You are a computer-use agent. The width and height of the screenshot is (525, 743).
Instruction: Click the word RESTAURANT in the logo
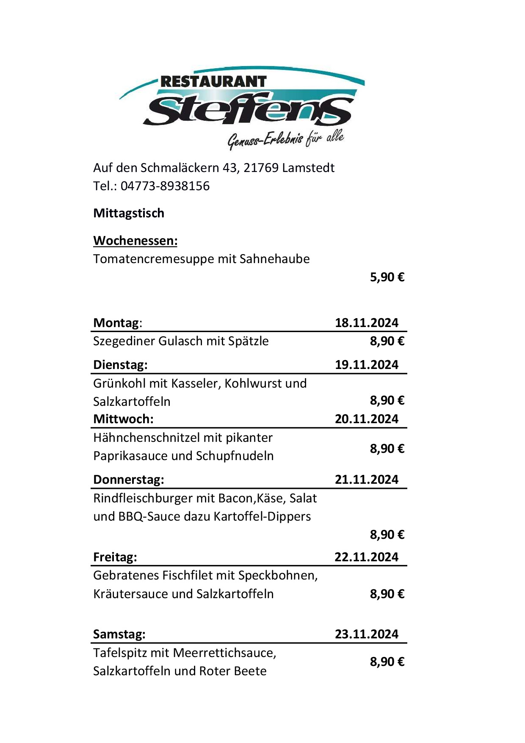[x=213, y=81]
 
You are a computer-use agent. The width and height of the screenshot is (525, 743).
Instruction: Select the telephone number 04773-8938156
[x=165, y=186]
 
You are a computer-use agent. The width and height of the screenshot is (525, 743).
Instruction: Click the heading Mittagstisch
[x=129, y=213]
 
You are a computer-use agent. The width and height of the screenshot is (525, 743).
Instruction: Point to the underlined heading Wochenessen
[x=135, y=241]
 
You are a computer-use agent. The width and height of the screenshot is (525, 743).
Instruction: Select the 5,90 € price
[x=387, y=277]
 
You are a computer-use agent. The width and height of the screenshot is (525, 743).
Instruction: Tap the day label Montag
[x=116, y=323]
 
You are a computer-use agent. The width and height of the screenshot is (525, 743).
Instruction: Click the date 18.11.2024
[x=367, y=323]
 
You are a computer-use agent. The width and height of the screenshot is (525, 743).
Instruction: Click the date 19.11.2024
[x=367, y=365]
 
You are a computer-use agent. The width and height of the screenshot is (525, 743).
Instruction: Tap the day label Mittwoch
[x=123, y=419]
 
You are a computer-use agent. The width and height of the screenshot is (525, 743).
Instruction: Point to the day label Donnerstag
[x=128, y=480]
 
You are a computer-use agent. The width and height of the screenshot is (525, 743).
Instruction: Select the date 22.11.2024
[x=367, y=557]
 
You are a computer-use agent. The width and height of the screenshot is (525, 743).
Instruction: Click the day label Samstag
[x=119, y=634]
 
